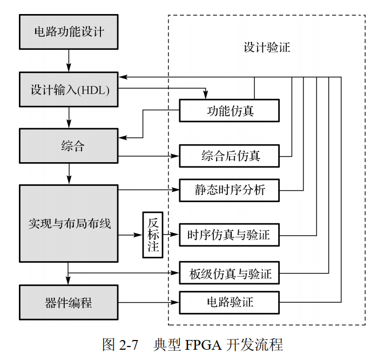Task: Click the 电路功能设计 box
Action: [69, 31]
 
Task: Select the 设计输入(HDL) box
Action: [69, 90]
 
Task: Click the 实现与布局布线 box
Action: [69, 223]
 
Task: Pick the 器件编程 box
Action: [69, 302]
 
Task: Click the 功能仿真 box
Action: [229, 111]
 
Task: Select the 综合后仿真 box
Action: [229, 156]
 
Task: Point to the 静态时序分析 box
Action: [229, 190]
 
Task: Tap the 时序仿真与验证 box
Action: [229, 235]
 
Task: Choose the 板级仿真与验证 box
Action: [229, 274]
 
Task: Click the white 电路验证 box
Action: [229, 302]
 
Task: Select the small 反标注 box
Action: [153, 235]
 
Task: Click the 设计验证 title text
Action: [266, 47]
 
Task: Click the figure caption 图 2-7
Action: [120, 344]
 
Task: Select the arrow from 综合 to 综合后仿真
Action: [148, 156]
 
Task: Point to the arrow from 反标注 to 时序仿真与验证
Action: [171, 235]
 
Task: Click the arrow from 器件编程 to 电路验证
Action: [148, 302]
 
